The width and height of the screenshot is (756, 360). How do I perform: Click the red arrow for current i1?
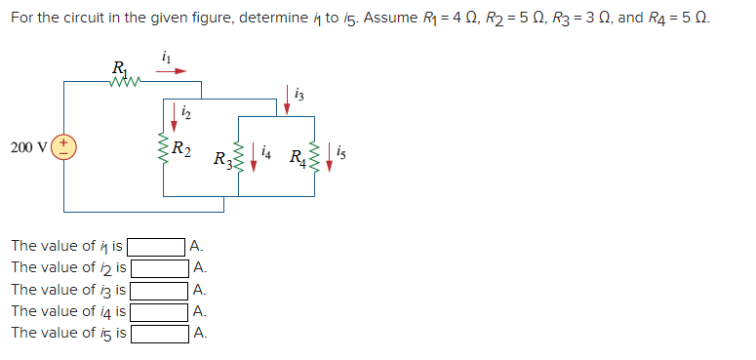(173, 71)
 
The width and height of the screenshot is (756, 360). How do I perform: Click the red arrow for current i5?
(329, 156)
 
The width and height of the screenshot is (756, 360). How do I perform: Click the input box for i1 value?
(158, 246)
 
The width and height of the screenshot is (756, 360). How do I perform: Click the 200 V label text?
(26, 147)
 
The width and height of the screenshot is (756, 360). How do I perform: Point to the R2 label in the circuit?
(181, 149)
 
